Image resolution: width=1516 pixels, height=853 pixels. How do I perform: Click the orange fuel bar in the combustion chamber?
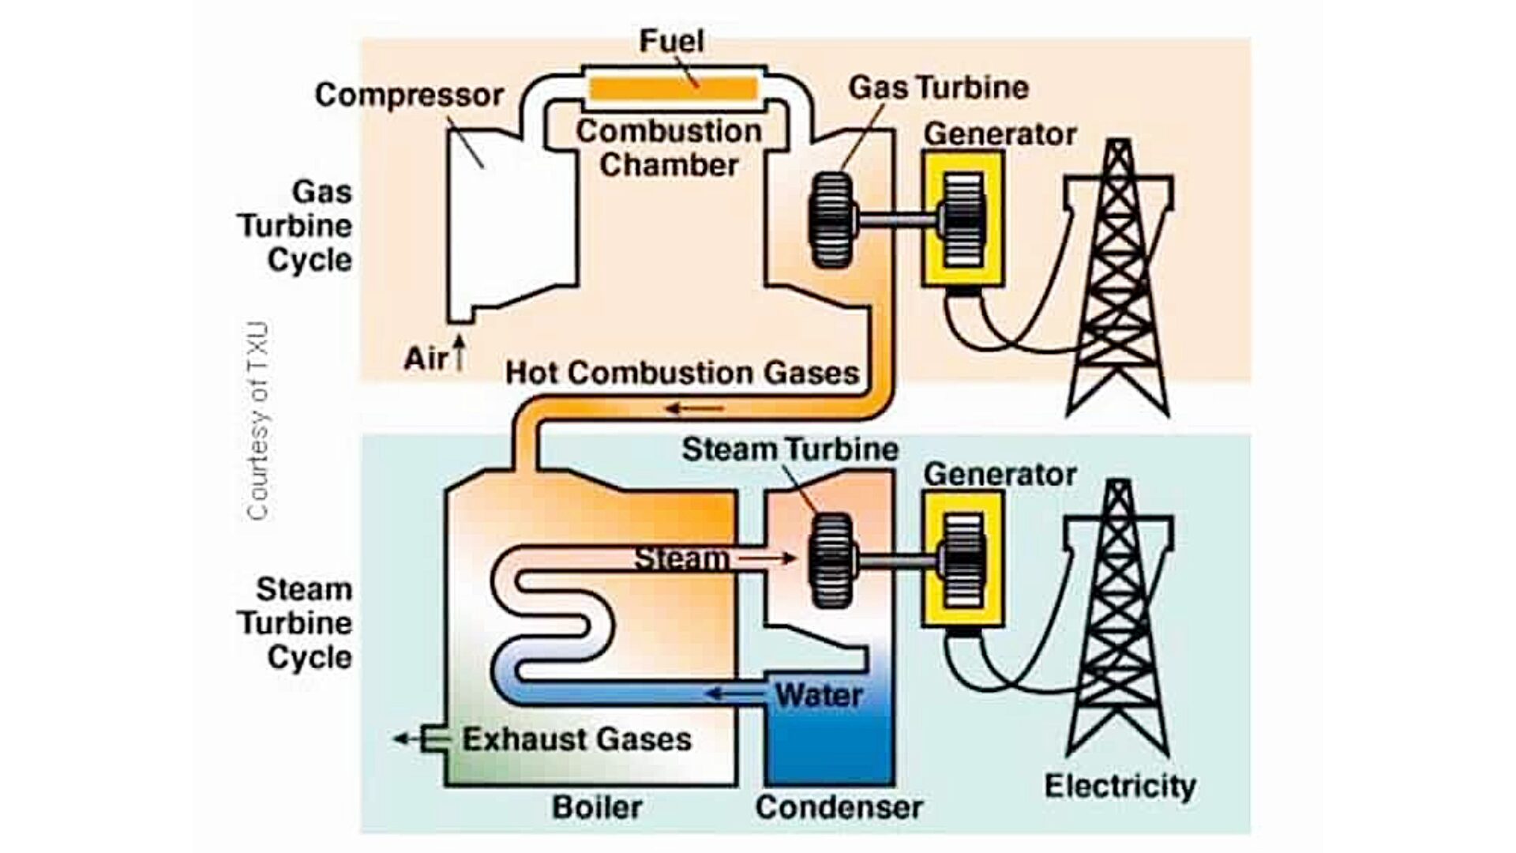tap(673, 88)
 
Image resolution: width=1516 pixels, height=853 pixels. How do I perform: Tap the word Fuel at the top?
tap(671, 41)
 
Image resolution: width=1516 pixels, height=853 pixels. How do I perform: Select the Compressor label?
tap(409, 96)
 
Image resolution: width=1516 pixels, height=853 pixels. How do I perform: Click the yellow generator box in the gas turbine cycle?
tap(963, 218)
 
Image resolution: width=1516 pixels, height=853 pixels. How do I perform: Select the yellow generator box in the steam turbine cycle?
tap(963, 559)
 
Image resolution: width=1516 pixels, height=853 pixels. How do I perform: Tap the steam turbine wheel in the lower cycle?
tap(831, 561)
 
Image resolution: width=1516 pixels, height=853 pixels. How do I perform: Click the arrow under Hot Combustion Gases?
tap(695, 408)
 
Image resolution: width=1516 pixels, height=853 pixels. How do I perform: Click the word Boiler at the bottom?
tap(597, 807)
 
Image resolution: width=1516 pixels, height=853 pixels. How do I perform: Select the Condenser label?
tap(839, 807)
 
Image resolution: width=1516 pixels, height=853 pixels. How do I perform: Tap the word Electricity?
tap(1120, 787)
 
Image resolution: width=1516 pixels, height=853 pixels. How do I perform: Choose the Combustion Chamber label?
tap(669, 148)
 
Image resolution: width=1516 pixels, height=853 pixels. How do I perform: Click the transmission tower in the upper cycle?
tap(1118, 284)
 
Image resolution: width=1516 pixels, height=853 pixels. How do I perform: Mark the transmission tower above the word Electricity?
tap(1118, 624)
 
